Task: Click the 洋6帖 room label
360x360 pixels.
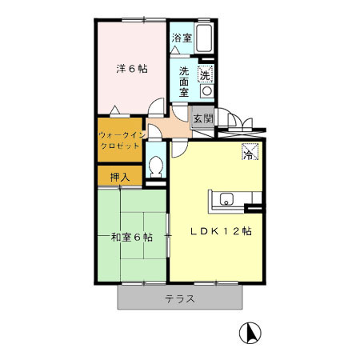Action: point(131,69)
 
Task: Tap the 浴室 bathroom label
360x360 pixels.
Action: point(182,38)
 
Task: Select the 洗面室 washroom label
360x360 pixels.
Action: point(184,81)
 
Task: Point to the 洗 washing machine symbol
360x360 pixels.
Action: point(206,75)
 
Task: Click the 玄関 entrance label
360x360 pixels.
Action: point(202,119)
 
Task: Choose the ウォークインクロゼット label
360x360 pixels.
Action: point(121,141)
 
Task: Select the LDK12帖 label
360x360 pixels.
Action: point(221,232)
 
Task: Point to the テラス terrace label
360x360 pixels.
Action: point(180,299)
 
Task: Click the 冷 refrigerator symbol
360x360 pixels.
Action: point(250,151)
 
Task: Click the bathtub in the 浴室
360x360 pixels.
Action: point(204,38)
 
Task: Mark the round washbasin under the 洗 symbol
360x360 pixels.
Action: point(206,91)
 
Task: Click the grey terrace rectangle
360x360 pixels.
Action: point(216,299)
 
